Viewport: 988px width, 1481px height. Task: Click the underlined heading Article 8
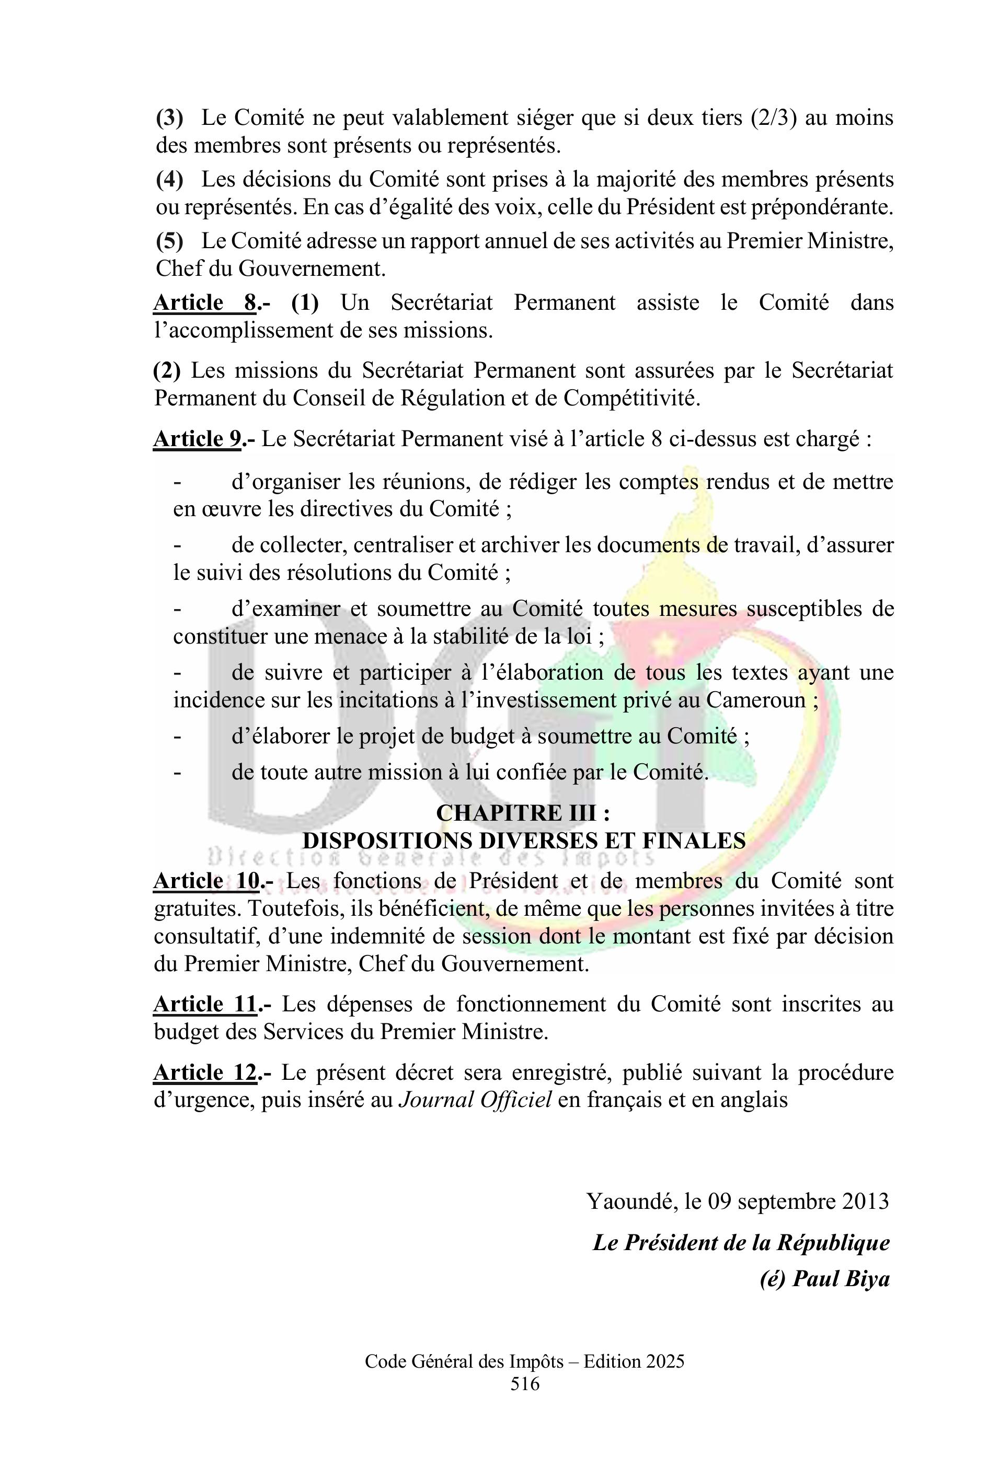[205, 303]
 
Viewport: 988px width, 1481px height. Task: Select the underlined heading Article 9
[197, 439]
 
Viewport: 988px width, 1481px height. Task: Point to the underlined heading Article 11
[205, 1005]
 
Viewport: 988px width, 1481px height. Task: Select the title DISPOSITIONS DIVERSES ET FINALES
[524, 841]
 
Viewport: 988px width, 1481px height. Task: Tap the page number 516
[525, 1383]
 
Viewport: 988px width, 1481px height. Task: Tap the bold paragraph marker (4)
[169, 180]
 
